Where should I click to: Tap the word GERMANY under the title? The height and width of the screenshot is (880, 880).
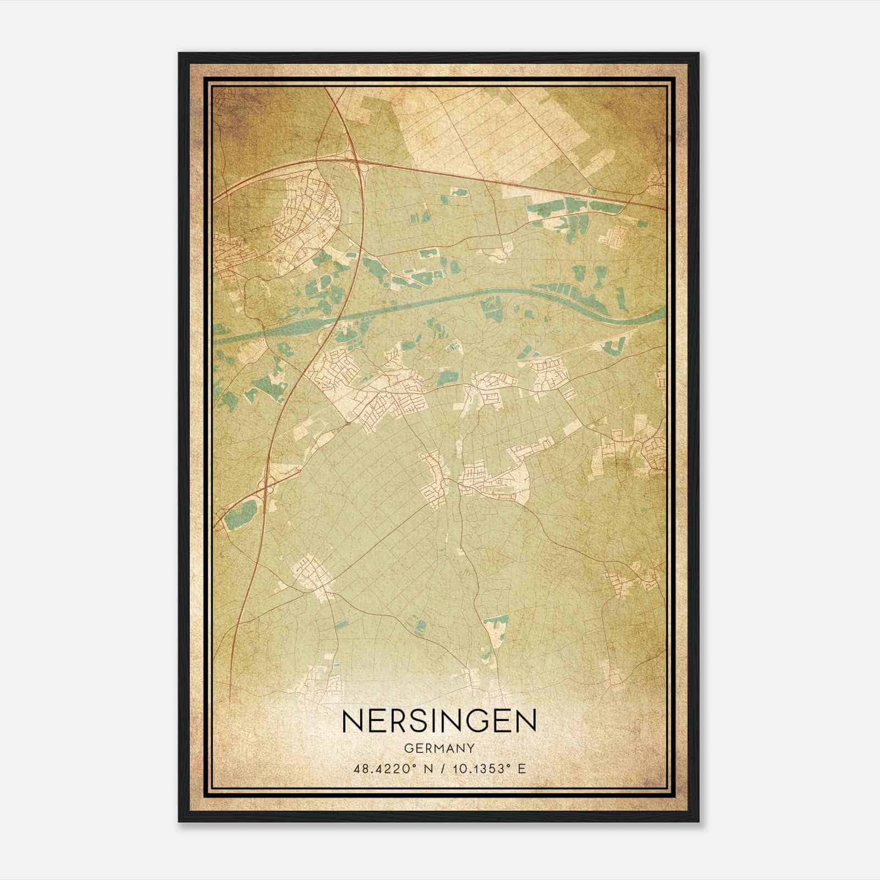point(439,748)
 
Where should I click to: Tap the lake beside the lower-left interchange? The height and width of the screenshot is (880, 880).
point(240,514)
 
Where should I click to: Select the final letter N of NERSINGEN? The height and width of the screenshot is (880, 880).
point(526,721)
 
